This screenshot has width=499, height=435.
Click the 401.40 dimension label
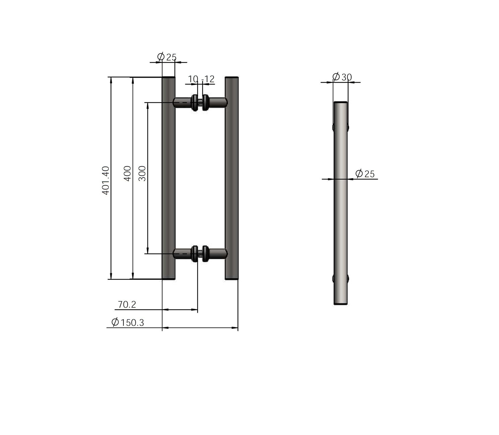tap(106, 181)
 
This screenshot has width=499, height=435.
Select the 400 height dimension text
tap(128, 173)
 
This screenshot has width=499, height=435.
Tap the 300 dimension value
tap(142, 173)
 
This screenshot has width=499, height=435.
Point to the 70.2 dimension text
tap(127, 304)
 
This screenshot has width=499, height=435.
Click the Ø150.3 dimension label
tap(128, 322)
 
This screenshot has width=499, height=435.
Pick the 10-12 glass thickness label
tap(201, 79)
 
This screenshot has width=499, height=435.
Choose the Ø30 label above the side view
tap(342, 77)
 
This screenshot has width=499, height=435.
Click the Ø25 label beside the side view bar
tap(365, 174)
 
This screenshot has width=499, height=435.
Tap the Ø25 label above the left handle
tap(167, 57)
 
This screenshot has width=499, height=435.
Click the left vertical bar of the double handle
tap(168, 178)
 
